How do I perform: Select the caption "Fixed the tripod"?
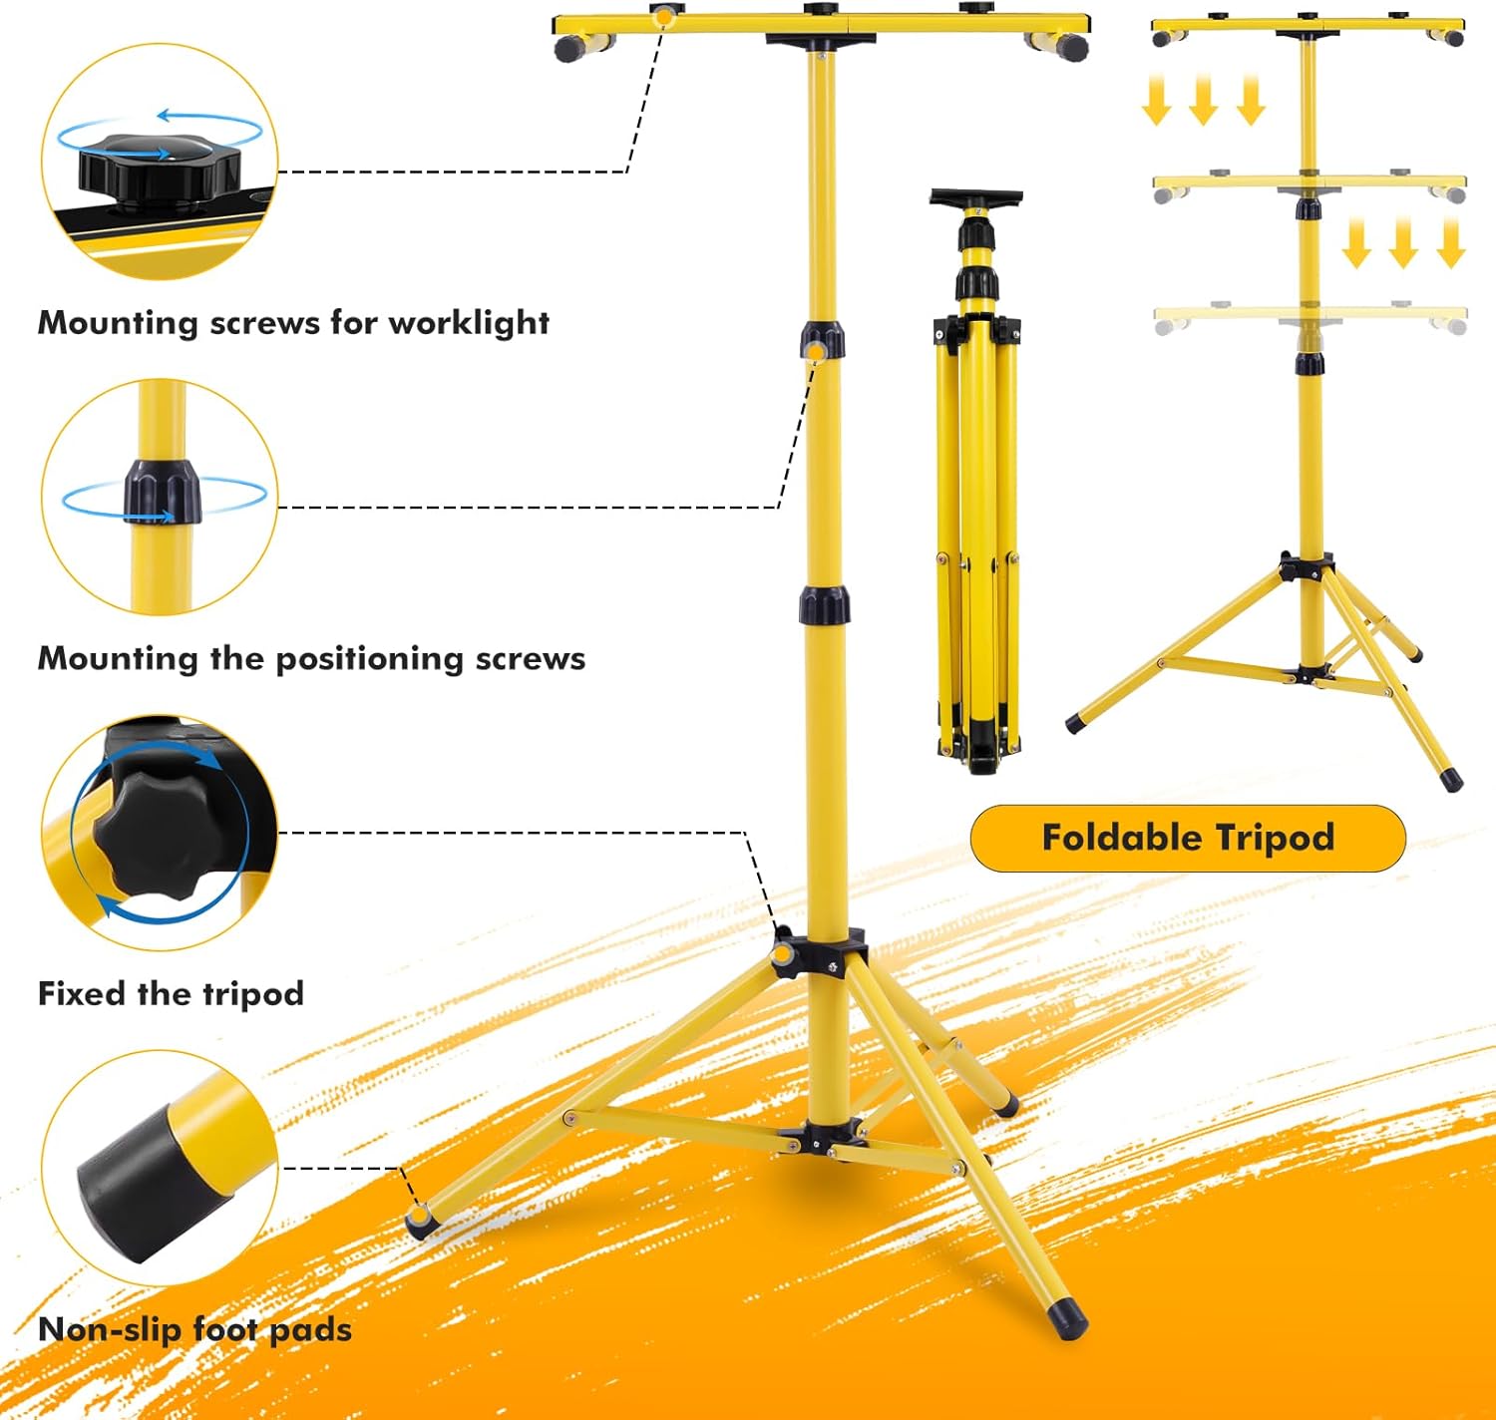[171, 994]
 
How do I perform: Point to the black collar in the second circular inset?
[162, 492]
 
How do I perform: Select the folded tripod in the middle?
[977, 479]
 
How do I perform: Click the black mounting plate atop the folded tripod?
[976, 196]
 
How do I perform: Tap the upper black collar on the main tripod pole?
[822, 338]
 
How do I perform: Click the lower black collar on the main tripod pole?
[824, 605]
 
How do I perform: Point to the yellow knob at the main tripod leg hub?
[783, 954]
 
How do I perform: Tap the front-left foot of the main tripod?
[419, 1221]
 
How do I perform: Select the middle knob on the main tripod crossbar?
[822, 10]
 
